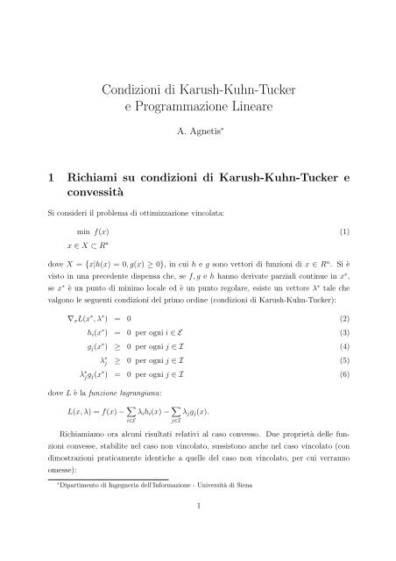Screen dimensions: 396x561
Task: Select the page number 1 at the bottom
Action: coord(199,529)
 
